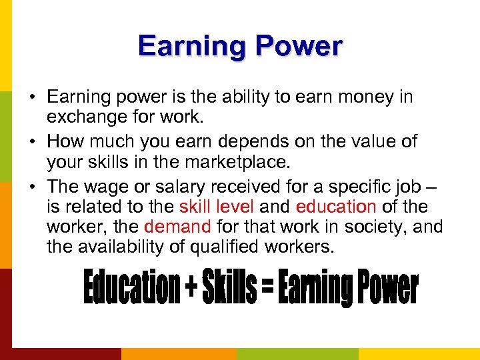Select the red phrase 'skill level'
click(216, 207)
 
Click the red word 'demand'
click(177, 227)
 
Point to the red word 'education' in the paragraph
click(336, 207)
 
